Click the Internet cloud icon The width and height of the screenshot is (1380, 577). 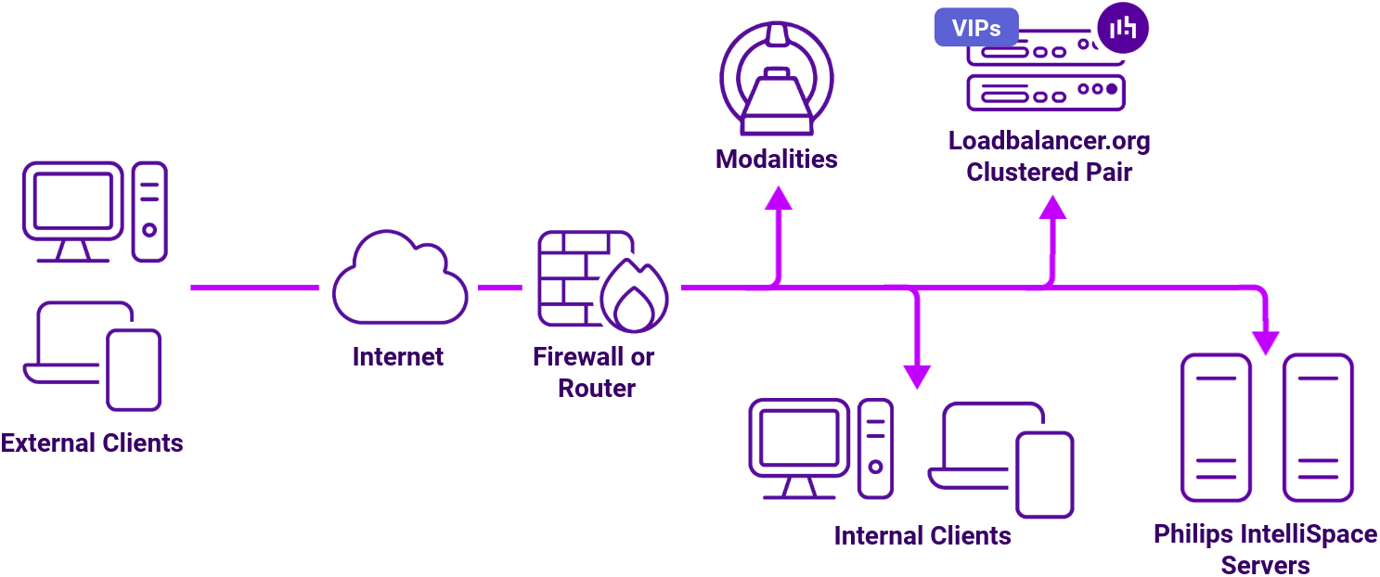[x=399, y=279]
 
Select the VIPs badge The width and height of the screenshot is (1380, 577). [x=975, y=28]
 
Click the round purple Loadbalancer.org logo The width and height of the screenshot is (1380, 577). [x=1122, y=28]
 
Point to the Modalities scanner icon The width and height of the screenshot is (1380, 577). [x=777, y=79]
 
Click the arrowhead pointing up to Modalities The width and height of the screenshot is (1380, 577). [x=778, y=198]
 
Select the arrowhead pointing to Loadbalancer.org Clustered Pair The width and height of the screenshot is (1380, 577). [x=1051, y=207]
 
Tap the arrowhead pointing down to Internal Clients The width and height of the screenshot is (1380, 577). [x=916, y=375]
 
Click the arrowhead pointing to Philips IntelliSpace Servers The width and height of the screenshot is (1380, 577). [x=1265, y=341]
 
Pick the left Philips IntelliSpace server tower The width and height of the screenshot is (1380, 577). [x=1215, y=428]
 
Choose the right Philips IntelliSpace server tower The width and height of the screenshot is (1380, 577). [x=1317, y=428]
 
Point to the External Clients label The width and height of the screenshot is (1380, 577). [x=92, y=442]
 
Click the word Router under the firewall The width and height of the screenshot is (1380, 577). [x=596, y=388]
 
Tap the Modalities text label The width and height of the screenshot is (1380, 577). [x=776, y=159]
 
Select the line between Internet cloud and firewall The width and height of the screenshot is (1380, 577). [x=499, y=288]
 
